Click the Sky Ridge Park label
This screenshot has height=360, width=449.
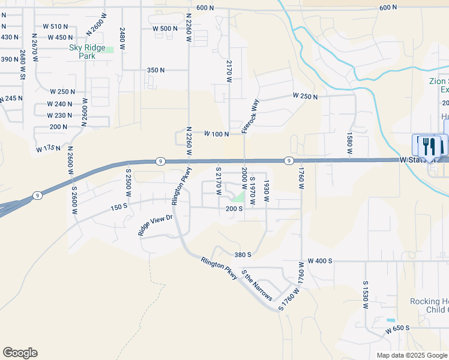[87, 52]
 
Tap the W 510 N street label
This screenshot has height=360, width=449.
[55, 26]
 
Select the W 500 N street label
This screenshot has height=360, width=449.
[165, 29]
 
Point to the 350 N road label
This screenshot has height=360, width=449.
[155, 70]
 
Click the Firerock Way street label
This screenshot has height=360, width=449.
[250, 116]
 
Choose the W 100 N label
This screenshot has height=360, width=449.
[216, 134]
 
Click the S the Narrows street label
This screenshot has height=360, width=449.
[257, 286]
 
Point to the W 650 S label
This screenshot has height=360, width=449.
[397, 328]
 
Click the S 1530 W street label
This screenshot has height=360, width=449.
[365, 294]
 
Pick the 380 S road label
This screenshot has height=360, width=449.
[242, 254]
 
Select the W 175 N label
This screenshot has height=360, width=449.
[49, 147]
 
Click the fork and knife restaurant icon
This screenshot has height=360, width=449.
[428, 146]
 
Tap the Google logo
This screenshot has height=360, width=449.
[20, 353]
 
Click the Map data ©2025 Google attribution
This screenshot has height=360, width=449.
[412, 355]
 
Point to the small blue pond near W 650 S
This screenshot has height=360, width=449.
[391, 320]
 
